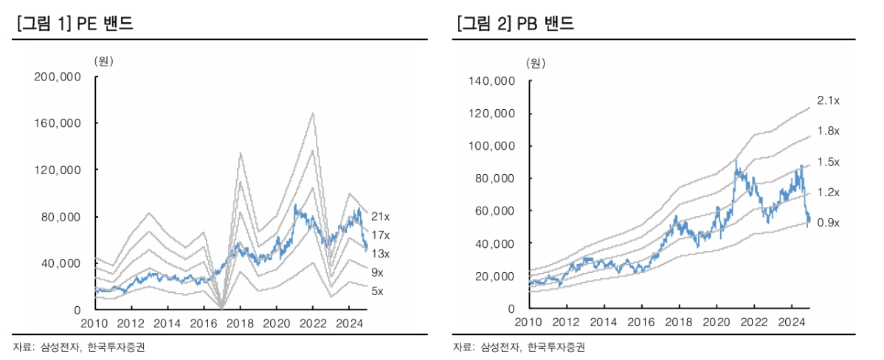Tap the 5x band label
[376, 291]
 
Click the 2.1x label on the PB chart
[829, 100]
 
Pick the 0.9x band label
[829, 222]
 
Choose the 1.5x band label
[829, 162]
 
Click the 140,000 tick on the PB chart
[494, 81]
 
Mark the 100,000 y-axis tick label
[494, 146]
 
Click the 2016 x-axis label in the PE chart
[204, 323]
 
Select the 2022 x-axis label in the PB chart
[753, 323]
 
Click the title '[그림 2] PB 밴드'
[515, 24]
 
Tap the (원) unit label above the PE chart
[103, 60]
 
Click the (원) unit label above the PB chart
[536, 63]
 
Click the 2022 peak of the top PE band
[313, 113]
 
